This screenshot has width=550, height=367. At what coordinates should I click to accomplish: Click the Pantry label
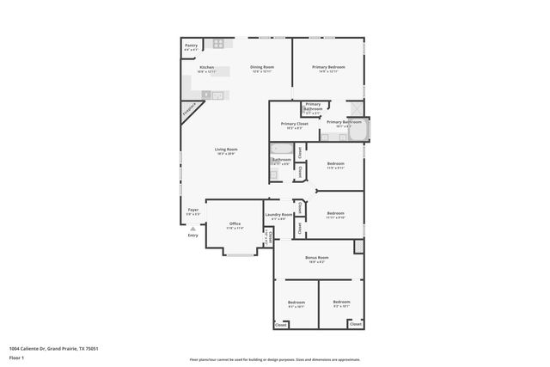(x=191, y=46)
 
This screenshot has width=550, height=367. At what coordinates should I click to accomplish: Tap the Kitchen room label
(x=206, y=69)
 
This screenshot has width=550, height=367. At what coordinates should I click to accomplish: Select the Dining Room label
(x=262, y=69)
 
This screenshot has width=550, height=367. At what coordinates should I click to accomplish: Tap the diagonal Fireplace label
(x=189, y=109)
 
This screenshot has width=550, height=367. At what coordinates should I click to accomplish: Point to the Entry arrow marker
(x=192, y=229)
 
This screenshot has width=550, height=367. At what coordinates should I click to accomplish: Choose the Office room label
(x=234, y=225)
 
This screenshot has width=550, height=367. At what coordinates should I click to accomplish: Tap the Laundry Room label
(x=278, y=217)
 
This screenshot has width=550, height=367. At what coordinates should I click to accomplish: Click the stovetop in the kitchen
(x=219, y=44)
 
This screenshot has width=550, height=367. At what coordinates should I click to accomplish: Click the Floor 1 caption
(x=16, y=358)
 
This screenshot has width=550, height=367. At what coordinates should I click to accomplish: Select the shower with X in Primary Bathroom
(x=353, y=108)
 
